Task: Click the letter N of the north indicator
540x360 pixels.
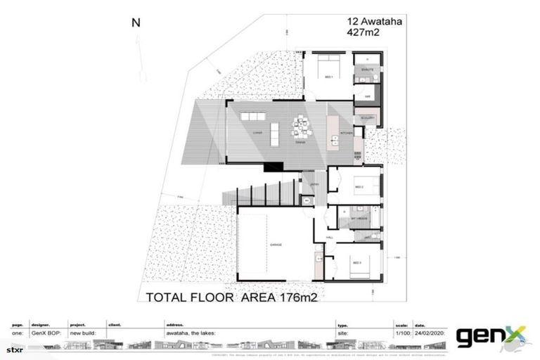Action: click(x=136, y=22)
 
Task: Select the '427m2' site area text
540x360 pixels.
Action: click(x=364, y=32)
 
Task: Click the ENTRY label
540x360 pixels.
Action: click(x=316, y=185)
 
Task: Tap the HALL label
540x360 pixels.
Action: click(x=330, y=238)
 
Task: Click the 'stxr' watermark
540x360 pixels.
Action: click(x=15, y=349)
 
